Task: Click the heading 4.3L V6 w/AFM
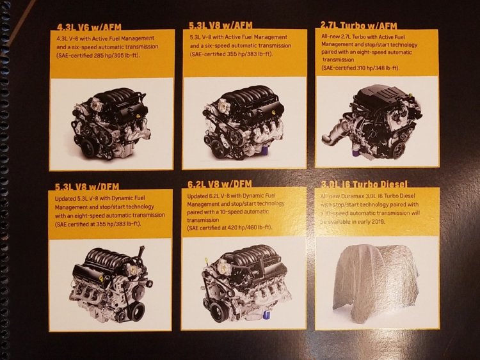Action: click(89, 27)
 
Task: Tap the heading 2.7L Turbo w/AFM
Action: click(359, 26)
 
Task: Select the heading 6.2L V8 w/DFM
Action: click(220, 184)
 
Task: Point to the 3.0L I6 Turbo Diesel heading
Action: click(364, 184)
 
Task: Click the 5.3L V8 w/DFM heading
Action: click(87, 186)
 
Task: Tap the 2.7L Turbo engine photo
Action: click(371, 122)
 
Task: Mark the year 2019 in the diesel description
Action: click(378, 221)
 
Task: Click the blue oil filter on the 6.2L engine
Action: click(267, 315)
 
